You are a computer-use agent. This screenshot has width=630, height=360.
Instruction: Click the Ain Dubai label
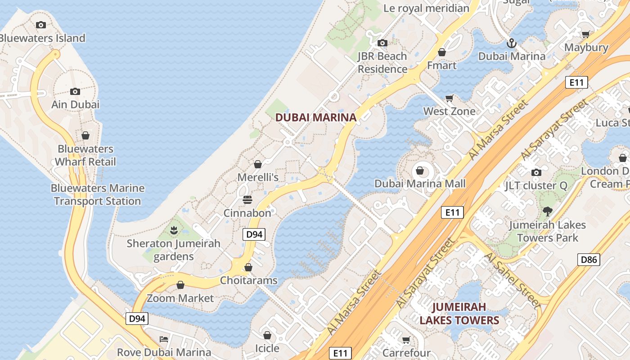75,104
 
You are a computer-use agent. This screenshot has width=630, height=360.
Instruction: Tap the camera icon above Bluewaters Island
41,25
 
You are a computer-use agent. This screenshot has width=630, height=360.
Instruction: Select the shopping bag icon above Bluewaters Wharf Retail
85,135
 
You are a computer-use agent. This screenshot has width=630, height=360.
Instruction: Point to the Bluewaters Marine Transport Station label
98,194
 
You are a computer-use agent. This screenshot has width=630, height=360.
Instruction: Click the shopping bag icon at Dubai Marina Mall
420,171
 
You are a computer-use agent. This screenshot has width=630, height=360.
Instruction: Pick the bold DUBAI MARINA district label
315,117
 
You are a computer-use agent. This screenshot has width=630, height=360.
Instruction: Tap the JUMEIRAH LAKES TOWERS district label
459,314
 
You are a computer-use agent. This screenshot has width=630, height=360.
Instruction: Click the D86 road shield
589,259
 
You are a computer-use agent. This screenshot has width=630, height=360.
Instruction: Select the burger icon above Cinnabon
247,199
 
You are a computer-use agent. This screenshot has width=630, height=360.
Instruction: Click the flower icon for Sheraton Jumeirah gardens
174,230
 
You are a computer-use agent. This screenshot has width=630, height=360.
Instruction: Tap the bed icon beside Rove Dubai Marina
164,339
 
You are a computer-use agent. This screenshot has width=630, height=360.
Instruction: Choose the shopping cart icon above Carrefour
406,340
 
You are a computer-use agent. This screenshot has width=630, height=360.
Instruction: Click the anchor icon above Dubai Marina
511,43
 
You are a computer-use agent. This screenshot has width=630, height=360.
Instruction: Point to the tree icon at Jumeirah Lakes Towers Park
547,211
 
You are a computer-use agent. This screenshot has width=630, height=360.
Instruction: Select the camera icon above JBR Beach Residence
382,43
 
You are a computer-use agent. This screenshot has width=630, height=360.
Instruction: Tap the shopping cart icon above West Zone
449,98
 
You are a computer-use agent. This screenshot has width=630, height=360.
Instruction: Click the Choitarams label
248,280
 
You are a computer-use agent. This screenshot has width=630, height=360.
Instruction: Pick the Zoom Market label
180,298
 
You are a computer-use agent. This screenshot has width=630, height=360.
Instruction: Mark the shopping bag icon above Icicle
267,335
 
